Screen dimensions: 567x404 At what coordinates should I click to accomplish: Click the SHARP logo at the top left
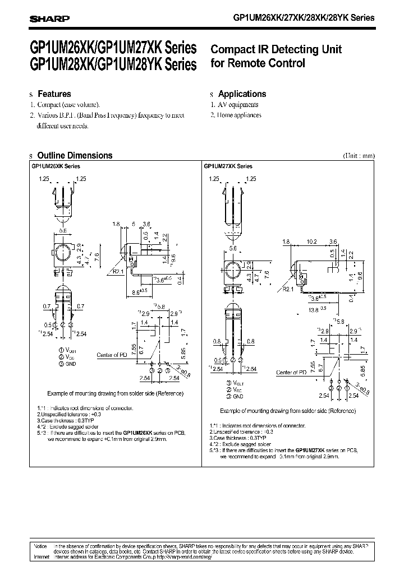[x=49, y=18]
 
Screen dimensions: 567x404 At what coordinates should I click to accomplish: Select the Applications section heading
[x=242, y=94]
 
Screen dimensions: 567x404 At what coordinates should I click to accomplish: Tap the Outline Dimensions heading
[x=74, y=156]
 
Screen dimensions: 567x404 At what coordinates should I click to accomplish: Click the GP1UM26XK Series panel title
[x=56, y=166]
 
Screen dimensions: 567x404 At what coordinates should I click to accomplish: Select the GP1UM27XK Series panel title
[x=228, y=166]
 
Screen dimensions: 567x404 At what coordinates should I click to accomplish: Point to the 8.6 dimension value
[x=135, y=292]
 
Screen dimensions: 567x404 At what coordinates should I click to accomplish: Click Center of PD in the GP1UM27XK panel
[x=291, y=372]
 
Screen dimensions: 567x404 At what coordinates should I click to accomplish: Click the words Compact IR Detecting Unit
[x=276, y=49]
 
